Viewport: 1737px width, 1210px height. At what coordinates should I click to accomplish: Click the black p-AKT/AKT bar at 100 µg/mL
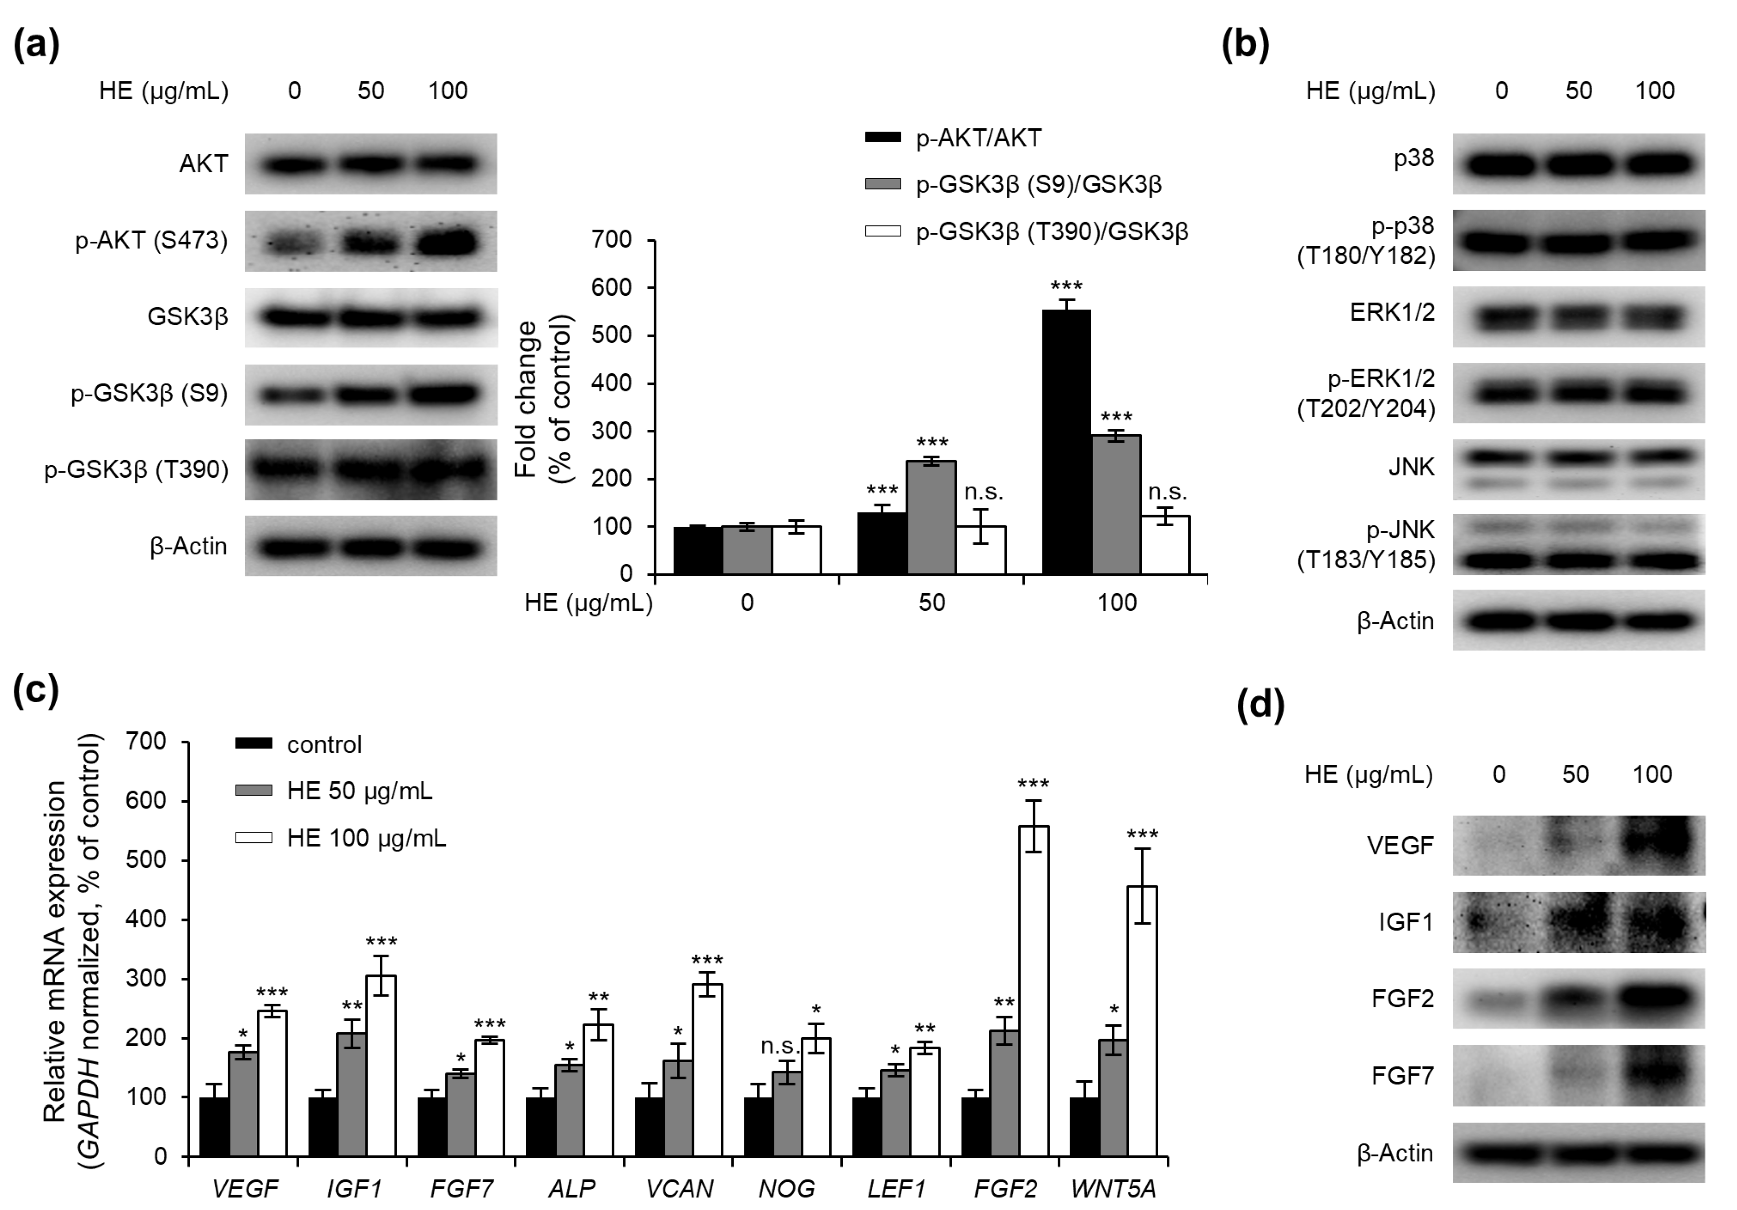pos(1066,443)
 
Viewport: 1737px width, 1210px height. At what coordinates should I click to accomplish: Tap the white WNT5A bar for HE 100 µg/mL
pos(1142,1021)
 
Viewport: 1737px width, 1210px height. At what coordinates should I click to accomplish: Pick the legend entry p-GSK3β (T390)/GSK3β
pos(1051,232)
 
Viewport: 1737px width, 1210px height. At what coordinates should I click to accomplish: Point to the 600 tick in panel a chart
pos(614,288)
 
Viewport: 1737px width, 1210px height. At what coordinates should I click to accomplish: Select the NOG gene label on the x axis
pos(787,1189)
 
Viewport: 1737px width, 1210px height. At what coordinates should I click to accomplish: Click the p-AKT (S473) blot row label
pos(151,241)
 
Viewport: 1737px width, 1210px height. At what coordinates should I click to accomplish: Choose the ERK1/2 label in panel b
pos(1392,313)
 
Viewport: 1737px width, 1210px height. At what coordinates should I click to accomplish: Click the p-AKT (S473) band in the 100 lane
pos(447,242)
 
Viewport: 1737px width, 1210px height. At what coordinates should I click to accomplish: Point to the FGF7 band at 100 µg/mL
pos(1653,1075)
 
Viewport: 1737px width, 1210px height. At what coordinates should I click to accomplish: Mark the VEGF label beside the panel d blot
pos(1400,845)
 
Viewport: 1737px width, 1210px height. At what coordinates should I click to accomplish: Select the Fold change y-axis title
pos(543,399)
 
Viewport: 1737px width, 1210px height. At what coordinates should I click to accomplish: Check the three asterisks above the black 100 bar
pos(1066,286)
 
